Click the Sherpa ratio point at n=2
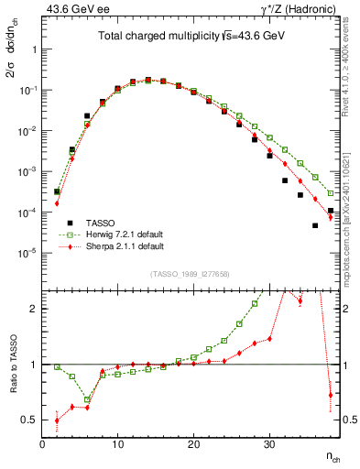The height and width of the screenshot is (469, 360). pos(57,420)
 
